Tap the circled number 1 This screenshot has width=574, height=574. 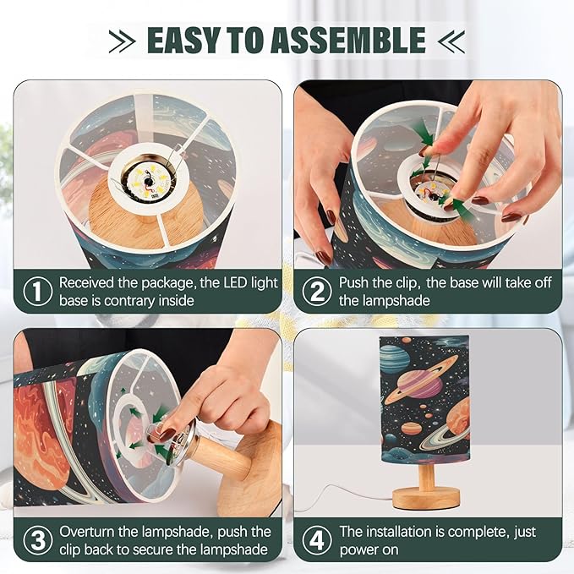point(38,292)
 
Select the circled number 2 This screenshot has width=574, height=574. point(317,292)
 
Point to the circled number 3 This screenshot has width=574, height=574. point(38,540)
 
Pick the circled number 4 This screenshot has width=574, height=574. point(317,540)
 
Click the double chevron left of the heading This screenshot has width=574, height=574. point(123,41)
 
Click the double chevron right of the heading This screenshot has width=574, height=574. point(451,41)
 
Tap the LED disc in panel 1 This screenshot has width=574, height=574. point(149,180)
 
